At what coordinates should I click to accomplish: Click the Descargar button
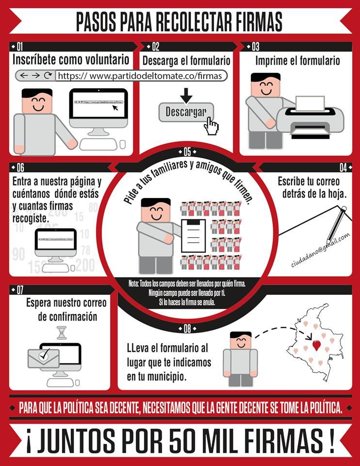186,112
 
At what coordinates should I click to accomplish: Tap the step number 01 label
20,47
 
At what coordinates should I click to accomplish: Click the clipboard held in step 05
194,235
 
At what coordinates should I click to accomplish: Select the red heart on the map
317,346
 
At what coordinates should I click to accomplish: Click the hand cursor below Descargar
211,126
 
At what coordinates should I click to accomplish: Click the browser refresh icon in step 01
48,76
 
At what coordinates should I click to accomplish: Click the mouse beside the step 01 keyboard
122,144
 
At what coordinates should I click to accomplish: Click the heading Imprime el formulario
297,61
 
